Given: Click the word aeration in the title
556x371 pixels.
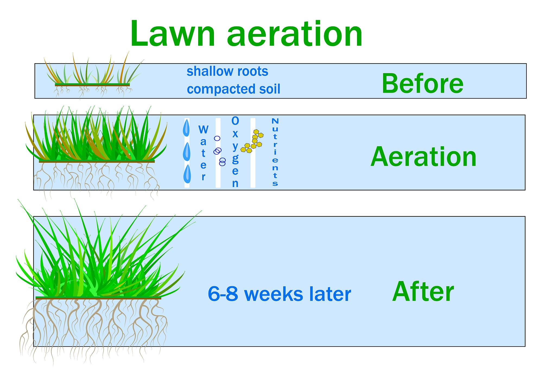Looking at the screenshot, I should click(295, 35).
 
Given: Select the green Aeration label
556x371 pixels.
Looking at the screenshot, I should click(423, 157).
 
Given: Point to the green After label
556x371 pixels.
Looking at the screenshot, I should click(423, 292).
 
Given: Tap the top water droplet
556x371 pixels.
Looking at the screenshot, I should click(186, 128).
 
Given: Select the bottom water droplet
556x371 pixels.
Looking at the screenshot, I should click(187, 174).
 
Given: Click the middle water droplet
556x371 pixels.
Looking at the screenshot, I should click(187, 152).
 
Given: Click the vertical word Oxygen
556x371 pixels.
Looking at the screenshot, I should click(235, 152).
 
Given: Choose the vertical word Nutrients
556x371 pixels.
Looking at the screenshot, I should click(275, 152).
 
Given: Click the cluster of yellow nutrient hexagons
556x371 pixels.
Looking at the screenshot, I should click(252, 142).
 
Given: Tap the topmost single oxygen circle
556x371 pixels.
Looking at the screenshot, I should click(217, 138).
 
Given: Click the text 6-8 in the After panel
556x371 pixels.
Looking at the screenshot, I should click(223, 294).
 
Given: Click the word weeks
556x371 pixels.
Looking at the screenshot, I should click(274, 294).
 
